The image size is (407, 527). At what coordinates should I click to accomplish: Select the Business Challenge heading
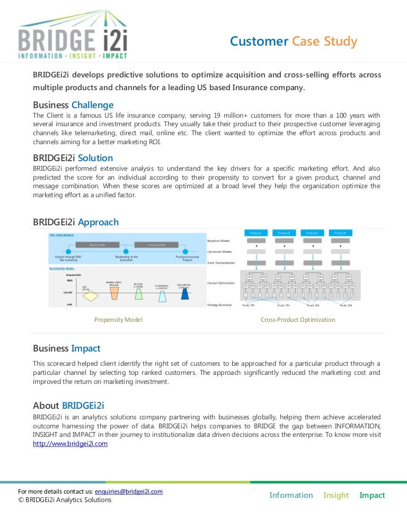coord(73,105)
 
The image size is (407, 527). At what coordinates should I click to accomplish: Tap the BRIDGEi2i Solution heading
coord(73,158)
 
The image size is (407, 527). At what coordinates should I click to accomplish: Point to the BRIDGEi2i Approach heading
coord(76,222)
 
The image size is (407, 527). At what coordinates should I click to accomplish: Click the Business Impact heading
coord(66,348)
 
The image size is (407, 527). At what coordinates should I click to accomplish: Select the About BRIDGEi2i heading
coord(68,406)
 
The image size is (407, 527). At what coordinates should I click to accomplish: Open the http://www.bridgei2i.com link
coord(70,444)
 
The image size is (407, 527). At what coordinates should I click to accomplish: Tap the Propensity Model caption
coord(118,320)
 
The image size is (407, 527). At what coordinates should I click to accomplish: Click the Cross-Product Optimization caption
coord(298,320)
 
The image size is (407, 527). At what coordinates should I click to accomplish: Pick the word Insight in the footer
coord(336,495)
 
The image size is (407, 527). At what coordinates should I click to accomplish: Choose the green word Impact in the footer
coord(372,495)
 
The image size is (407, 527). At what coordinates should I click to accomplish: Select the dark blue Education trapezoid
coord(184,294)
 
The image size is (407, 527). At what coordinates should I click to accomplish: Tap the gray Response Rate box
coord(97,245)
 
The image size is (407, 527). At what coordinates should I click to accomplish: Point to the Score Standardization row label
coord(221,263)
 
